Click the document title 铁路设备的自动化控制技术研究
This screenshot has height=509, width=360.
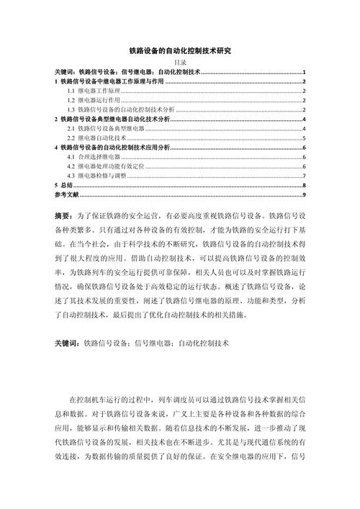pyautogui.click(x=180, y=51)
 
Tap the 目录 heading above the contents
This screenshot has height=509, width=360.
pyautogui.click(x=180, y=63)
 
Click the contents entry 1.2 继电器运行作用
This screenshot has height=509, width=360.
pyautogui.click(x=90, y=100)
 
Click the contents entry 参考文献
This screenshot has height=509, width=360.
pyautogui.click(x=67, y=194)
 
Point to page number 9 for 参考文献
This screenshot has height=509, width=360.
pyautogui.click(x=305, y=194)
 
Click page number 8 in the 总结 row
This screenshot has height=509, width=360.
pyautogui.click(x=305, y=185)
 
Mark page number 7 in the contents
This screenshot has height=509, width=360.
pyautogui.click(x=305, y=175)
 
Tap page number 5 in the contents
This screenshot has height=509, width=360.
pyautogui.click(x=305, y=137)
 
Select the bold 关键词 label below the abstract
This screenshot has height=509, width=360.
pyautogui.click(x=67, y=344)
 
